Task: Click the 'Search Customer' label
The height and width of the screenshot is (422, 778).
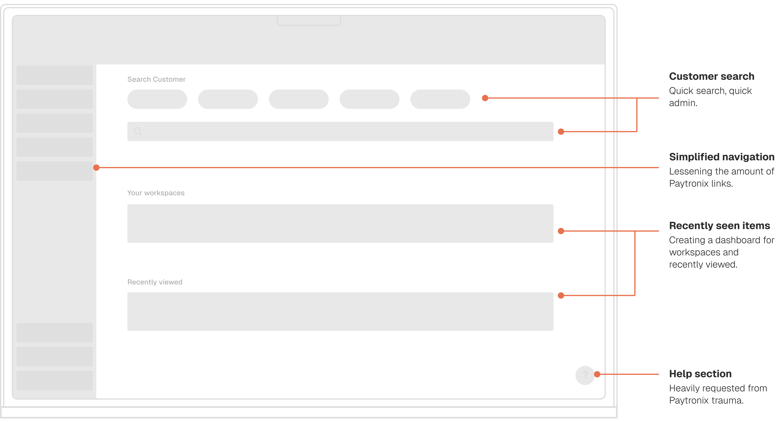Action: pyautogui.click(x=156, y=79)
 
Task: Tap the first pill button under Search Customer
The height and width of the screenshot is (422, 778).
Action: pyautogui.click(x=157, y=99)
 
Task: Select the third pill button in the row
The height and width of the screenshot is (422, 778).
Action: pyautogui.click(x=298, y=99)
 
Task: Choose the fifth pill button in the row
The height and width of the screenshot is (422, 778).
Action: pyautogui.click(x=440, y=99)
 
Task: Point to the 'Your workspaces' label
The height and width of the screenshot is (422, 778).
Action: pyautogui.click(x=156, y=193)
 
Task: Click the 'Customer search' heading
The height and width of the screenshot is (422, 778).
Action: pyautogui.click(x=712, y=76)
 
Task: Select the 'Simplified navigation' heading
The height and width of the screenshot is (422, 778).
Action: pyautogui.click(x=721, y=157)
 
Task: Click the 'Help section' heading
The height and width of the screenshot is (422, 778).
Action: pyautogui.click(x=700, y=374)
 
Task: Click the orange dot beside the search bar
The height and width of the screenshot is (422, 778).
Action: pyautogui.click(x=561, y=132)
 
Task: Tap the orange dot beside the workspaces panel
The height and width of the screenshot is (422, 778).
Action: pyautogui.click(x=561, y=231)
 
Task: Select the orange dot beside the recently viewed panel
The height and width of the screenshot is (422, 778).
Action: pyautogui.click(x=561, y=295)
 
